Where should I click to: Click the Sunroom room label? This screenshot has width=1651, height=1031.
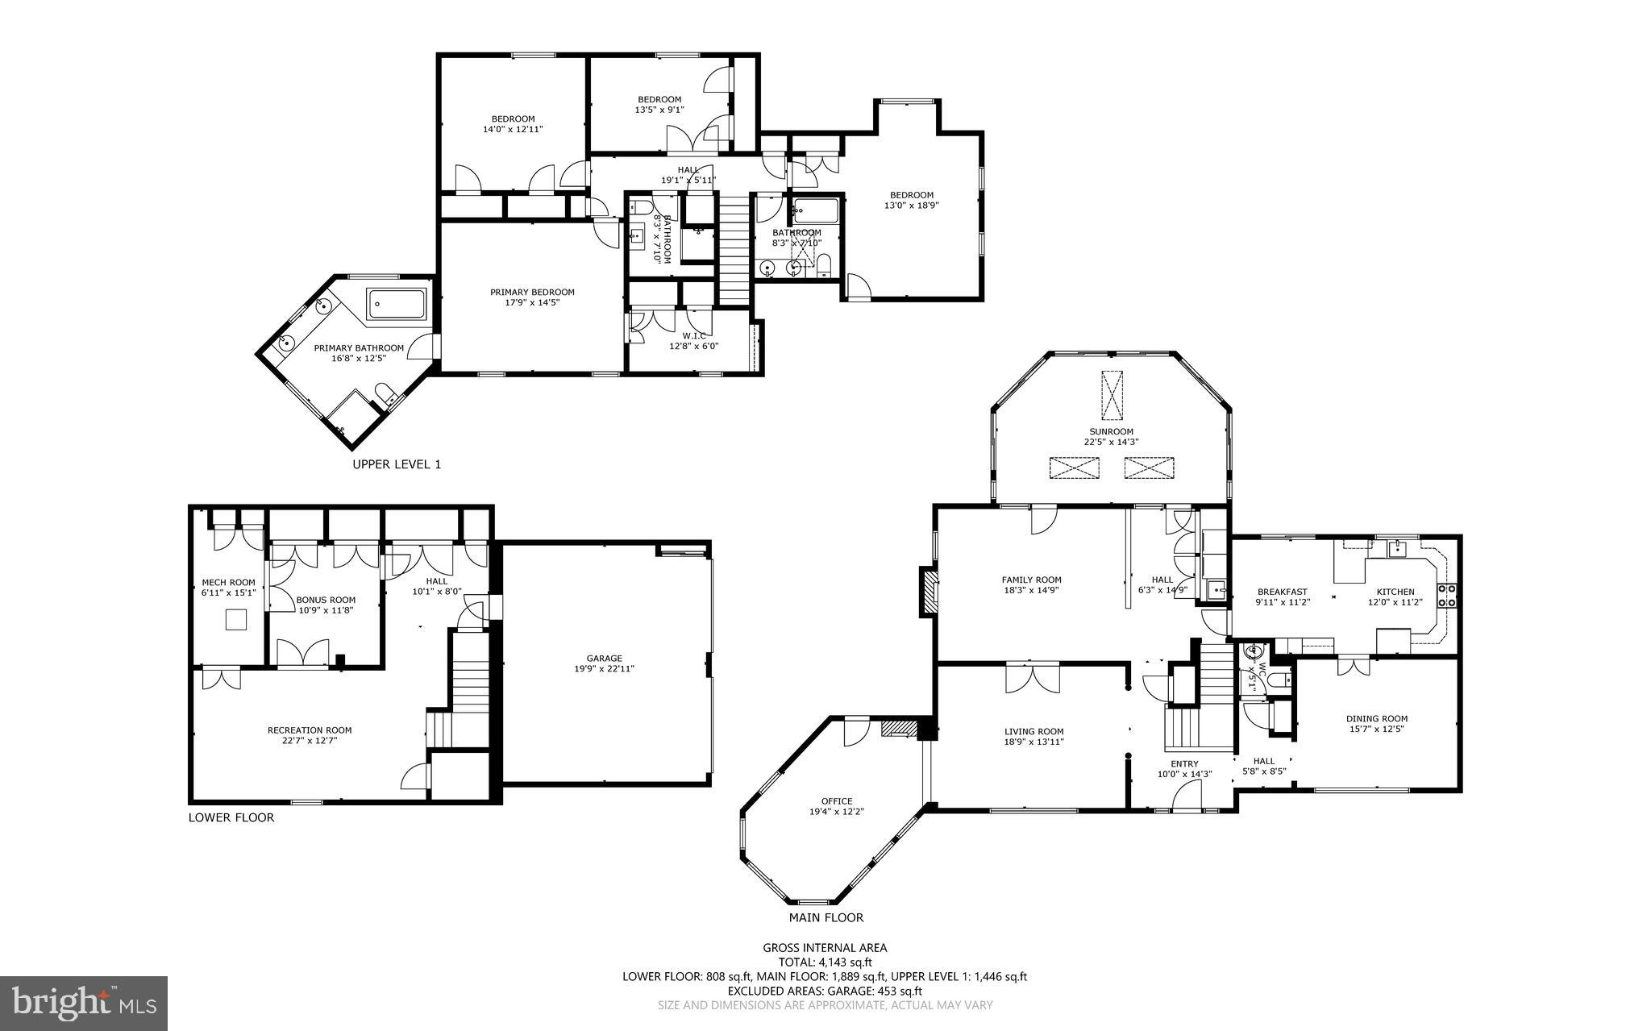[1111, 431]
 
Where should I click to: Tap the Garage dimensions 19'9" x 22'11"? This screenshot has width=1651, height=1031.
[604, 668]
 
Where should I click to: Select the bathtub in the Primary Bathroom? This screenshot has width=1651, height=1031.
[397, 306]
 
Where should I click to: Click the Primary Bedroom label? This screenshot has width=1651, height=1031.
[532, 292]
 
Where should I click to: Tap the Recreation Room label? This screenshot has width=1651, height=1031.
[310, 730]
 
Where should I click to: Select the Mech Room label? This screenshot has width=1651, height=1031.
[228, 583]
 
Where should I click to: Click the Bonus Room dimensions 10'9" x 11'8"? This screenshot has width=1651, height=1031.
[326, 610]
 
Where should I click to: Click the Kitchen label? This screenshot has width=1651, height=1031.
[1395, 592]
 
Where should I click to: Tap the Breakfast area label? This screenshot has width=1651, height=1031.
[1282, 592]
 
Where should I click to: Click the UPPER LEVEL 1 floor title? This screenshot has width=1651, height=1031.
[397, 464]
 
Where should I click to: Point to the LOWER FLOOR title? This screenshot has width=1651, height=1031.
[231, 817]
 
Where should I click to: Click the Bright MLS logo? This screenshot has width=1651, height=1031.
[84, 1003]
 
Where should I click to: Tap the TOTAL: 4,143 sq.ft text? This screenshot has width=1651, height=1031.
[825, 962]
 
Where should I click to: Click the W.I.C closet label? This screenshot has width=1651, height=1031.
[693, 335]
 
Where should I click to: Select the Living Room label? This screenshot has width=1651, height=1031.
[1033, 732]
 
